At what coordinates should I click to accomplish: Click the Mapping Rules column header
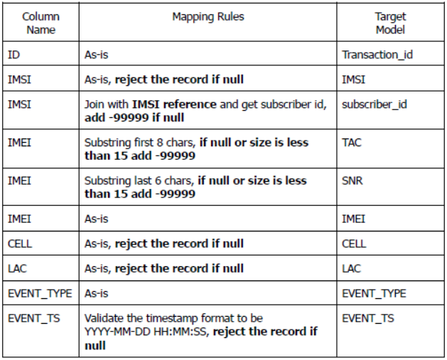[x=208, y=16]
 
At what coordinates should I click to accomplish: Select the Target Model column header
[x=390, y=23]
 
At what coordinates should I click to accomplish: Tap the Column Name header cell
[x=41, y=23]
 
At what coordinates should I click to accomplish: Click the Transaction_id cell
[x=377, y=55]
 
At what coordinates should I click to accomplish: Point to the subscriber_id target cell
[x=375, y=104]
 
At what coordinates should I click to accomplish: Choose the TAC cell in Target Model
[x=352, y=143]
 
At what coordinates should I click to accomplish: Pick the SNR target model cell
[x=352, y=180]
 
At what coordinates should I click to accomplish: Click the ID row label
[x=14, y=55]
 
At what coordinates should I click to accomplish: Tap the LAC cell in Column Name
[x=17, y=268]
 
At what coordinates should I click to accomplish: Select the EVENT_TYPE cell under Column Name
[x=40, y=293]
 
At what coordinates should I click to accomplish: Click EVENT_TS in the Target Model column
[x=368, y=318]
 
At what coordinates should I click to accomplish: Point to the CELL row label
[x=20, y=244]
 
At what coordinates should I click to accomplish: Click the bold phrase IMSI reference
[x=174, y=104]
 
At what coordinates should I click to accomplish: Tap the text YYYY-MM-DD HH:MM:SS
[x=145, y=332]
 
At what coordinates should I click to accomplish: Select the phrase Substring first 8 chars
[x=139, y=143]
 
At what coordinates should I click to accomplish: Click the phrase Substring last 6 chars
[x=138, y=180]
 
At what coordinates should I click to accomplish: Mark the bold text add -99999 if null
[x=134, y=117]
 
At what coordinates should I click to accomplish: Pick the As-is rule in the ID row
[x=97, y=55]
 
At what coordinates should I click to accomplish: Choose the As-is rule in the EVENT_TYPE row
[x=97, y=293]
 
